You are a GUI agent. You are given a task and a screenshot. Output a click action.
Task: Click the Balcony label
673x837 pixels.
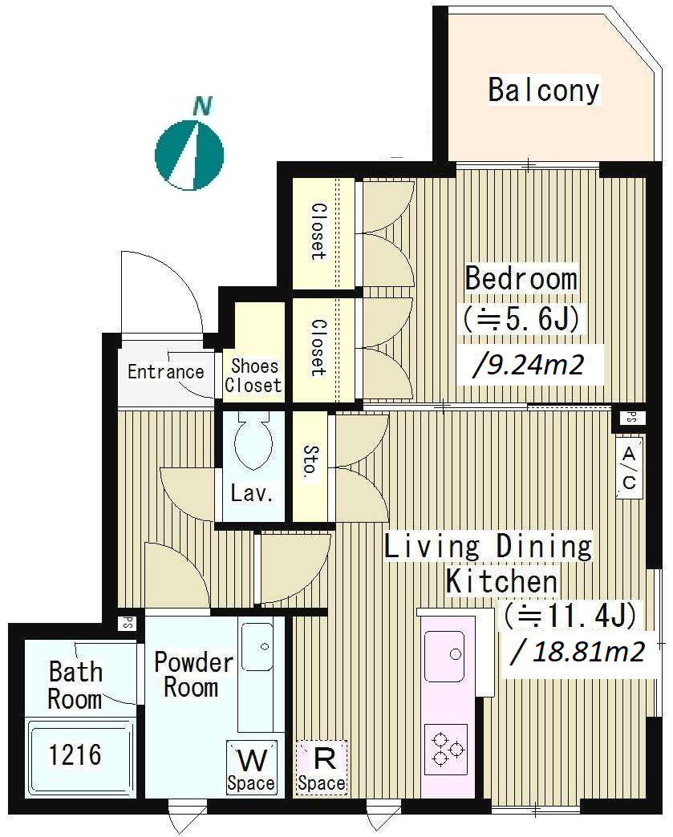[x=544, y=90]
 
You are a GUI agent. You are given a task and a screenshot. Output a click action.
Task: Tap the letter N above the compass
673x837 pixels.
[x=202, y=106]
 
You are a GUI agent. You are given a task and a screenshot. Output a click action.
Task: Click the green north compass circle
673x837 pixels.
[x=189, y=156]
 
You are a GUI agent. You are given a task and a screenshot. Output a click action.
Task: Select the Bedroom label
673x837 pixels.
[x=521, y=278]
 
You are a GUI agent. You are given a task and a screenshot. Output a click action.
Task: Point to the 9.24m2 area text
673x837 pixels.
[x=529, y=366]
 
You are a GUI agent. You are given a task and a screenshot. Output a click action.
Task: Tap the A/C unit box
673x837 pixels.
[x=629, y=468]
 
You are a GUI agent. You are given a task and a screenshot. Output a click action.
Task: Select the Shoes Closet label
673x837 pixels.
[x=253, y=375]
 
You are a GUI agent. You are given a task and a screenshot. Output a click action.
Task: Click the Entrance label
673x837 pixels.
[x=165, y=371]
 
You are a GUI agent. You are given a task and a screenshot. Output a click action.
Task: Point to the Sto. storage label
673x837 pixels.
[x=310, y=461]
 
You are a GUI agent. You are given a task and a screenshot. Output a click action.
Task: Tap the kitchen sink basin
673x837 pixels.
[x=444, y=656]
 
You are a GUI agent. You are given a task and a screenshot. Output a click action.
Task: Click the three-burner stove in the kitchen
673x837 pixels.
[x=446, y=750]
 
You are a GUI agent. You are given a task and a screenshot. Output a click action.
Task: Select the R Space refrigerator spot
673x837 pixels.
[x=322, y=767]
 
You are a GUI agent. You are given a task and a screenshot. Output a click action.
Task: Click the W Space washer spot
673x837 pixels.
[x=251, y=767]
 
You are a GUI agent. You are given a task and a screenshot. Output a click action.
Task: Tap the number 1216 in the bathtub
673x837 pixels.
[x=75, y=754]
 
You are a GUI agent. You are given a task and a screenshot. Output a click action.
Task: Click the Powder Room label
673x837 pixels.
[x=193, y=674]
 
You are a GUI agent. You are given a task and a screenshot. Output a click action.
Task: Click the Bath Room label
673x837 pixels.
[x=75, y=685]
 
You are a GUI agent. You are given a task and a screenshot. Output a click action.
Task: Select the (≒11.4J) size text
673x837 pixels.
[x=570, y=615]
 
